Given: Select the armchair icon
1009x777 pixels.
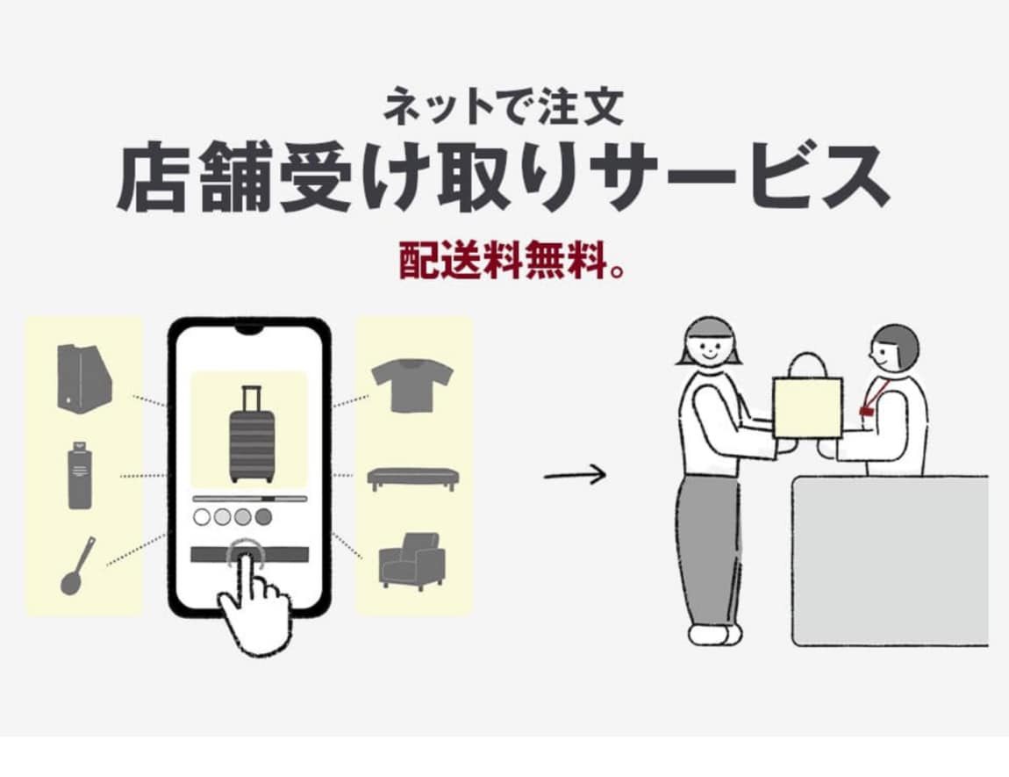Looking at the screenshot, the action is pyautogui.click(x=411, y=561).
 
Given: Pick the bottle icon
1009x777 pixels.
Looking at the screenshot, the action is pyautogui.click(x=80, y=476).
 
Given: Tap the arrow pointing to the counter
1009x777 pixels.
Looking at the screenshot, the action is pyautogui.click(x=575, y=475).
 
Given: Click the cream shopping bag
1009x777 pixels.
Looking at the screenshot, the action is pyautogui.click(x=807, y=402).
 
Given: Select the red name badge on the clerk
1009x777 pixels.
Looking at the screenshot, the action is pyautogui.click(x=866, y=410).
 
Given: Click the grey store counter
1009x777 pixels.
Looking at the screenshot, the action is pyautogui.click(x=890, y=561).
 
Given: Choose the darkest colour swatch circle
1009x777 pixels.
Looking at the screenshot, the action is pyautogui.click(x=264, y=516).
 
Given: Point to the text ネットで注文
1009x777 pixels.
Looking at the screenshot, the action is pyautogui.click(x=504, y=107).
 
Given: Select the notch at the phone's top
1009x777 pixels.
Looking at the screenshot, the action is pyautogui.click(x=249, y=330).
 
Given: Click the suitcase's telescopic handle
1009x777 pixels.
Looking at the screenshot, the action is pyautogui.click(x=252, y=397).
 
